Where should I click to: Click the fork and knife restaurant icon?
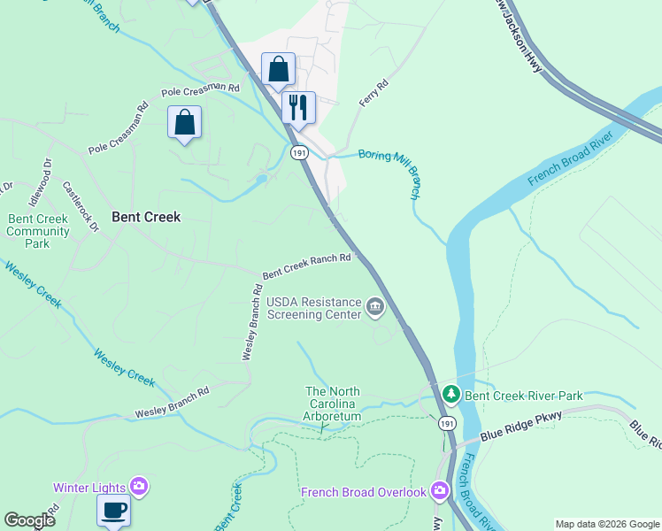tap(298, 107)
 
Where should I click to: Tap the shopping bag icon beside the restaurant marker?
tap(278, 69)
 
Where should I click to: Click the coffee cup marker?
tap(113, 510)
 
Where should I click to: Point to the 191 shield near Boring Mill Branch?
tap(298, 152)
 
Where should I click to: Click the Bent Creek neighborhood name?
tap(146, 217)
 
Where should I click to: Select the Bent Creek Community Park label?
tap(38, 232)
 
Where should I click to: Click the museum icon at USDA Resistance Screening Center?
tap(375, 308)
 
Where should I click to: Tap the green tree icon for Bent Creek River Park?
tap(450, 393)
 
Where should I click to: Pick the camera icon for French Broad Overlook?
tap(440, 490)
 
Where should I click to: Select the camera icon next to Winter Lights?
tap(139, 486)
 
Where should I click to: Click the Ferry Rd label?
tap(373, 95)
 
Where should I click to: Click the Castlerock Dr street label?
tap(80, 207)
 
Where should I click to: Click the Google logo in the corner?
tap(29, 520)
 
